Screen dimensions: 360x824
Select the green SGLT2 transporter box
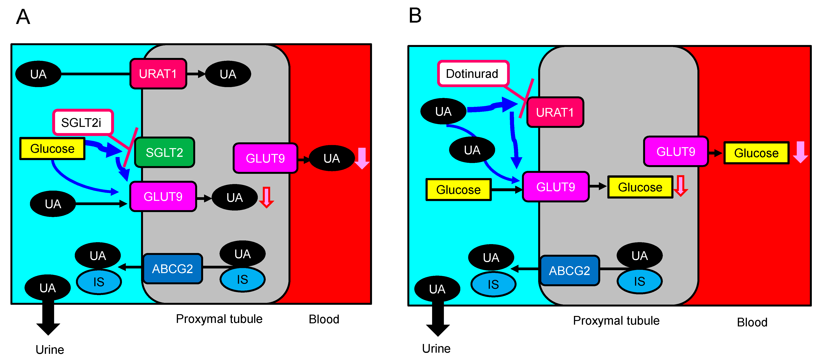pyautogui.click(x=164, y=153)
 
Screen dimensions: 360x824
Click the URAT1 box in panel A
pyautogui.click(x=158, y=74)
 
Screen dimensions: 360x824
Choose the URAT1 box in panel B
pyautogui.click(x=555, y=112)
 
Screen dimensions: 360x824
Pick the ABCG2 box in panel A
pyautogui.click(x=172, y=269)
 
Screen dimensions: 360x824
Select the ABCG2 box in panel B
pyautogui.click(x=569, y=270)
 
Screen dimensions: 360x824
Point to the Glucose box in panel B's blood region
pyautogui.click(x=756, y=153)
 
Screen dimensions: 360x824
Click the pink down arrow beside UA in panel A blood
pyautogui.click(x=362, y=158)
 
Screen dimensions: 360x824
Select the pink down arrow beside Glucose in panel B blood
pyautogui.click(x=800, y=152)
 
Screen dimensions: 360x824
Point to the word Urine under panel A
pyautogui.click(x=50, y=349)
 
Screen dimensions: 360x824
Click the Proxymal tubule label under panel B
pyautogui.click(x=616, y=320)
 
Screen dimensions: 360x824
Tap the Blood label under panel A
pyautogui.click(x=324, y=319)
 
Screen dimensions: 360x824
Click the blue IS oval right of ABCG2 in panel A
pyautogui.click(x=243, y=279)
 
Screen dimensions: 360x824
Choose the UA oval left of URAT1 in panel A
pyautogui.click(x=38, y=74)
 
